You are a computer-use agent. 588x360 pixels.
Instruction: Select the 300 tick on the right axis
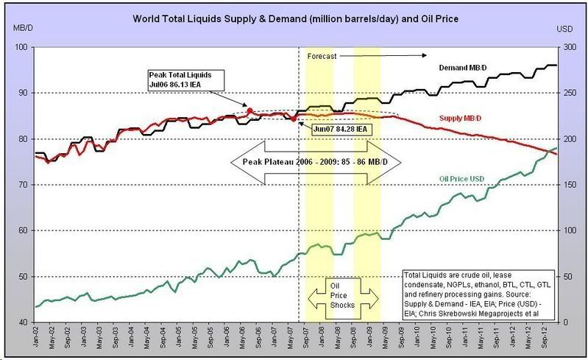(x=567, y=47)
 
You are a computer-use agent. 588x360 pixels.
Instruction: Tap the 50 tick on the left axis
(x=22, y=277)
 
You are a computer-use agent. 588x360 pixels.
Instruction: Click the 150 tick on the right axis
(x=567, y=185)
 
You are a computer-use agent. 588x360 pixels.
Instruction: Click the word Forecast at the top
(x=323, y=55)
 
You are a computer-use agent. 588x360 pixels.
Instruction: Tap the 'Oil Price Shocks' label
(x=342, y=294)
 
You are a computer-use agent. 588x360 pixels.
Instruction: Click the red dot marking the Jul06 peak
(x=249, y=110)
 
